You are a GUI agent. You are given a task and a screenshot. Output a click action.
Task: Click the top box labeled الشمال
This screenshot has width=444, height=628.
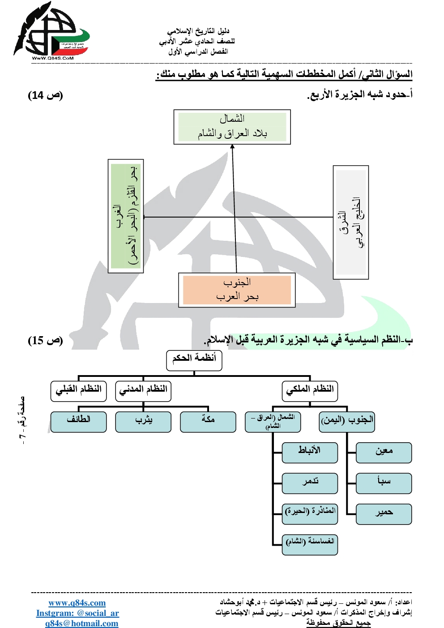232,127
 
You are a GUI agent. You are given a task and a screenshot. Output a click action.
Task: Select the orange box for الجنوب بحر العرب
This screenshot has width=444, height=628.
237,290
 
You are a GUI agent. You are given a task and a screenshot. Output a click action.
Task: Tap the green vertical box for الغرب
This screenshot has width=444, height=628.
126,216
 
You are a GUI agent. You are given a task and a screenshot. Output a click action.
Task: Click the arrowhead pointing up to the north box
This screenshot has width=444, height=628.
232,148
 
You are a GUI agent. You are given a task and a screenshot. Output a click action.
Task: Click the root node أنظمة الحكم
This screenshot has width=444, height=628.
194,360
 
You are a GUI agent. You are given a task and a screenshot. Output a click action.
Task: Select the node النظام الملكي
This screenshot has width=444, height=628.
310,391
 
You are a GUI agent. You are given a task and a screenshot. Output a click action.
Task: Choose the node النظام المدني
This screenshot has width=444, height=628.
143,391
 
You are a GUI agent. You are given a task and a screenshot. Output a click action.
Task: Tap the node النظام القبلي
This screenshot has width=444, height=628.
79,391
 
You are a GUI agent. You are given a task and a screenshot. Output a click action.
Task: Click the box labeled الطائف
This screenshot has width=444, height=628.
79,422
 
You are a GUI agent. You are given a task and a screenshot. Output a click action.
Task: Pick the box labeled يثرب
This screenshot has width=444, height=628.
143,422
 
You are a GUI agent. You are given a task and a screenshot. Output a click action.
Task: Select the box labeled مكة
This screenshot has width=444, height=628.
208,422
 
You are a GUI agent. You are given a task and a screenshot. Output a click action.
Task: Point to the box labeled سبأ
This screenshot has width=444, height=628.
384,483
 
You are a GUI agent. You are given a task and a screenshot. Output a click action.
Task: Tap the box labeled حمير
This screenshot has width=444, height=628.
384,514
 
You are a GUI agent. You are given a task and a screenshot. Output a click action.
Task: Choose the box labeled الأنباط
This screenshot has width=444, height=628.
310,453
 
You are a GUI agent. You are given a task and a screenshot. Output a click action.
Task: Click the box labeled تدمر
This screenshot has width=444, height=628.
310,483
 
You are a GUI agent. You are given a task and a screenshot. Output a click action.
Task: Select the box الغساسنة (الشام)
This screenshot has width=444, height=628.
310,544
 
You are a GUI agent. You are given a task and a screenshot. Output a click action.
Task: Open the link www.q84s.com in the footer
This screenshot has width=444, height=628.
77,603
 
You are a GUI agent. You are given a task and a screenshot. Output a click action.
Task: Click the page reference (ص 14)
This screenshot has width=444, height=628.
45,95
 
